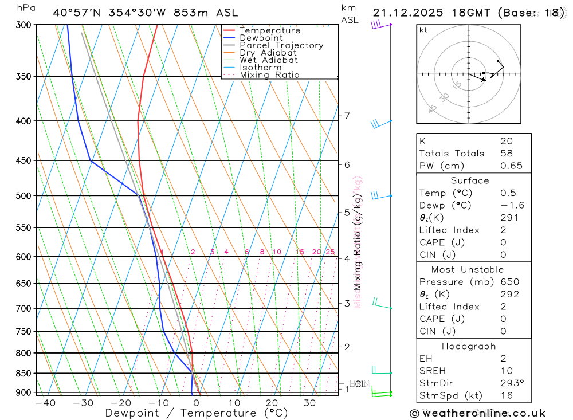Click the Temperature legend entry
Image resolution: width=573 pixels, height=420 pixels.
(x=269, y=30)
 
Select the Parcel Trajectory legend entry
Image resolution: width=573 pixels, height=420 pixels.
(x=281, y=45)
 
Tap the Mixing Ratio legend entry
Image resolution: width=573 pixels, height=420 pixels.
(x=269, y=75)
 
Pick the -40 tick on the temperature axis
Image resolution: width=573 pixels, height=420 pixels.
(x=45, y=403)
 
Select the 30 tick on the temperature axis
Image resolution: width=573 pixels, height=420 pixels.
(x=310, y=403)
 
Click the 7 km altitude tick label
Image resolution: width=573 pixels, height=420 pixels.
(x=347, y=116)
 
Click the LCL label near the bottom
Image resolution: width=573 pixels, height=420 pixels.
(x=357, y=384)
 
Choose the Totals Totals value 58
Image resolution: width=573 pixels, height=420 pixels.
(x=506, y=154)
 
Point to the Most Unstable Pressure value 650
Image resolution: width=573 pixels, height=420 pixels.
(x=509, y=282)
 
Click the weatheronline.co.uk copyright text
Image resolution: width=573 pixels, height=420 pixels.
(x=477, y=413)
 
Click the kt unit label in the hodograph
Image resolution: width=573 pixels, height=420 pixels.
(x=423, y=30)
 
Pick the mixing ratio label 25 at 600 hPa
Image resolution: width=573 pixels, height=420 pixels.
(x=330, y=252)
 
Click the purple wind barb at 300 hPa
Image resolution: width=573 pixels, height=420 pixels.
(x=376, y=25)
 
